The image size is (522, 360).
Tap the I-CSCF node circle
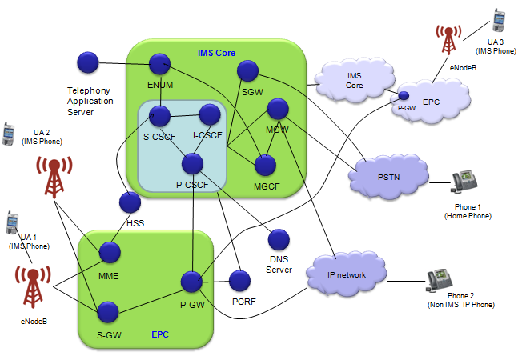pyautogui.click(x=210, y=114)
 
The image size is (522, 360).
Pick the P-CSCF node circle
pyautogui.click(x=192, y=164)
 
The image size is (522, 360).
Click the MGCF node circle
pyautogui.click(x=265, y=165)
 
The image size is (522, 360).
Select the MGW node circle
pyautogui.click(x=278, y=108)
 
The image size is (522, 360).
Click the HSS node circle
pyautogui.click(x=129, y=202)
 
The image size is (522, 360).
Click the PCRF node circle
pyautogui.click(x=240, y=280)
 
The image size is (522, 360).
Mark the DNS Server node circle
pyautogui.click(x=279, y=239)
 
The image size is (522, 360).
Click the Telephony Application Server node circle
pyautogui.click(x=87, y=62)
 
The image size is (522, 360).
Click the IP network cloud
pyautogui.click(x=347, y=274)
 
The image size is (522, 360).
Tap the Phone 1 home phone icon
pyautogui.click(x=464, y=182)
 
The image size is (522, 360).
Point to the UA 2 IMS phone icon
pyautogui.click(x=9, y=133)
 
